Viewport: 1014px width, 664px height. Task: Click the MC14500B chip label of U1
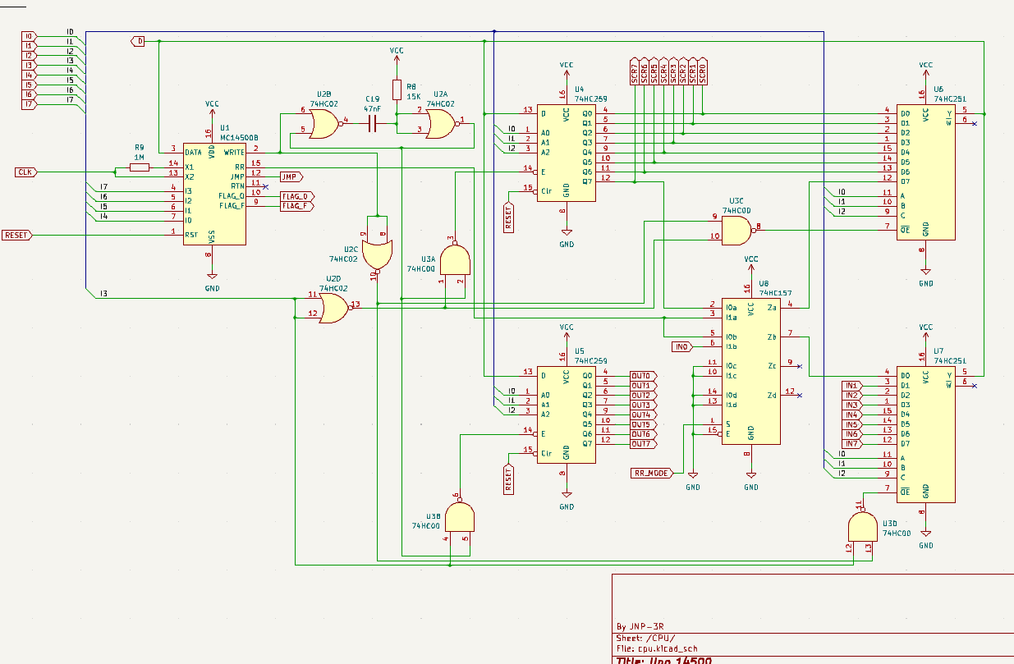tap(240, 138)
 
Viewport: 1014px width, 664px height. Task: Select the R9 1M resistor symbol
tap(140, 167)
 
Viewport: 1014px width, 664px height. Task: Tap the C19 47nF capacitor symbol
tap(372, 124)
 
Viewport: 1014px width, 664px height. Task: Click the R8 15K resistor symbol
tap(397, 89)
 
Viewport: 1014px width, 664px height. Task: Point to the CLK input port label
tap(25, 172)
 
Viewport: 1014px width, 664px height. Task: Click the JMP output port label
tap(291, 176)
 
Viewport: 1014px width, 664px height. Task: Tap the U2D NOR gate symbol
tap(333, 309)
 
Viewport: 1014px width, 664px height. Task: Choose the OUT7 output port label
tap(641, 444)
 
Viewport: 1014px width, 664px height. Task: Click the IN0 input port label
tap(681, 347)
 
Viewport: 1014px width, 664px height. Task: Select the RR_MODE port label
tap(652, 473)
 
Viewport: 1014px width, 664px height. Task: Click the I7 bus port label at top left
tap(29, 104)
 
